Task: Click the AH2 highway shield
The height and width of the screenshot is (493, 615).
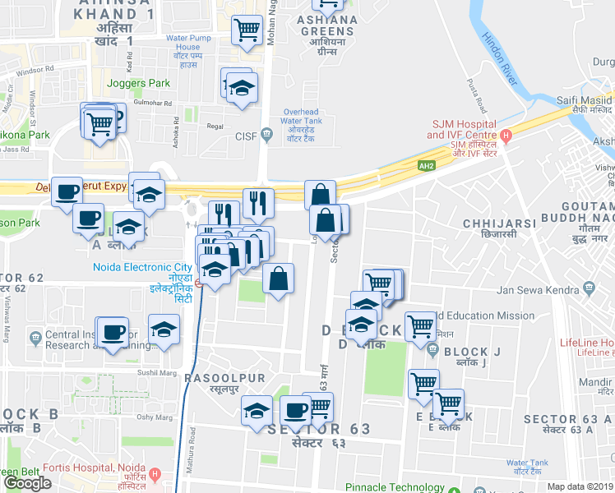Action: [x=425, y=165]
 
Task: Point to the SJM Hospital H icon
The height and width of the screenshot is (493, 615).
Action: [x=506, y=135]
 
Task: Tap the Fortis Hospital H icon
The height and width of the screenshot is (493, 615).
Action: [x=154, y=475]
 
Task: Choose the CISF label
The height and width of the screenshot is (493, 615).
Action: [x=247, y=135]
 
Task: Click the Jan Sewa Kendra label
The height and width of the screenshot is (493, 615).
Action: [x=539, y=289]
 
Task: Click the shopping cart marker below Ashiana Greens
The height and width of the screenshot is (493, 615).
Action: [x=247, y=31]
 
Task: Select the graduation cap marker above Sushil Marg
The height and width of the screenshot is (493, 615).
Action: [x=164, y=330]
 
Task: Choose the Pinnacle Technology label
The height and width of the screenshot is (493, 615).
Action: [x=395, y=486]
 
